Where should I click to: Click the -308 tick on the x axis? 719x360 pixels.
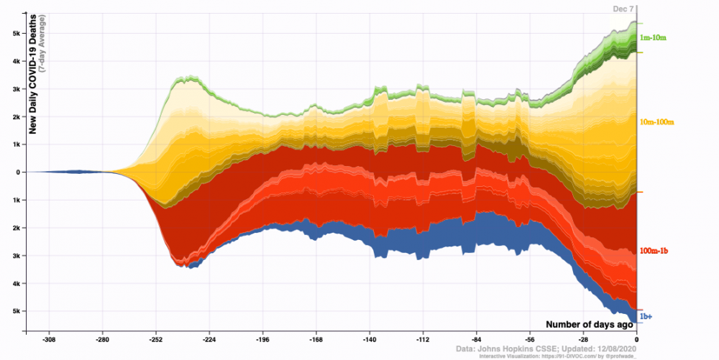coord(50,339)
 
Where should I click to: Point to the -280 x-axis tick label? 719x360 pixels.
coord(103,339)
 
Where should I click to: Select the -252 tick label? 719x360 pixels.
coord(156,339)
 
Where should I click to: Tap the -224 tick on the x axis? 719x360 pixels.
coord(209,339)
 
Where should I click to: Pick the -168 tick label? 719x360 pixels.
coord(316,339)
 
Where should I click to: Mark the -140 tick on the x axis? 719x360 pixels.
coord(370,339)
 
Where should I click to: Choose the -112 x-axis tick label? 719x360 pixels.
coord(423,339)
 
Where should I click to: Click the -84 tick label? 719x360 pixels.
coord(476,339)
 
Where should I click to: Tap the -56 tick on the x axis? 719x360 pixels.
coord(530,339)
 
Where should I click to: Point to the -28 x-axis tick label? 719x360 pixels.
coord(583,339)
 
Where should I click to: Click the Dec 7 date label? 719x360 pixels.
coord(623,9)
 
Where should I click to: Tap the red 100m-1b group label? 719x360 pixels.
coord(655,251)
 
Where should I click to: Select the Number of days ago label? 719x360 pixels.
coord(588,325)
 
